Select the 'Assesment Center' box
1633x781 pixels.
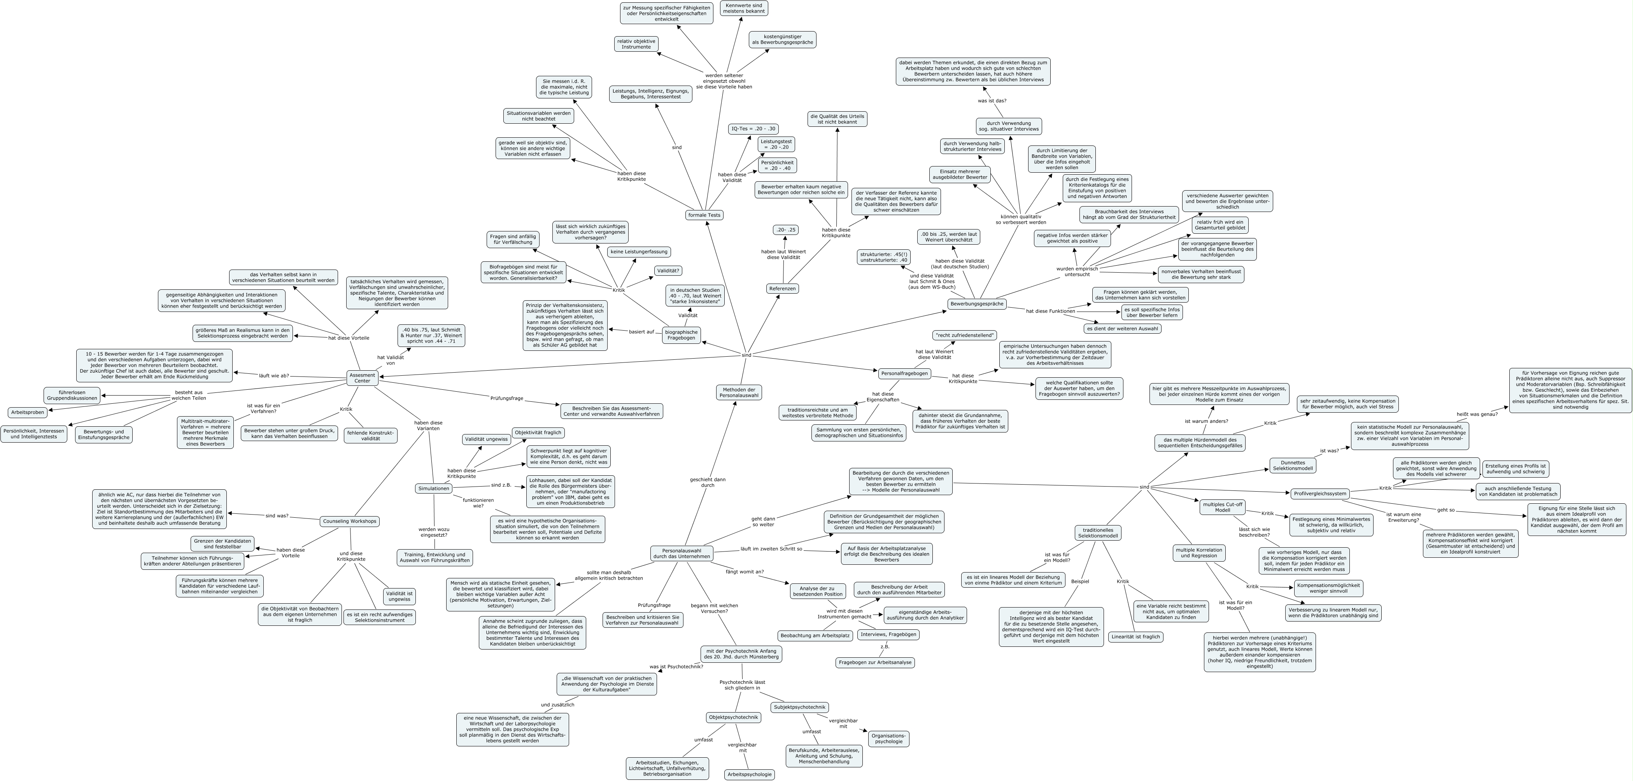click(362, 377)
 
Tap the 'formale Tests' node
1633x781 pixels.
click(704, 215)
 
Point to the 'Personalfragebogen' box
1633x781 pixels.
click(904, 373)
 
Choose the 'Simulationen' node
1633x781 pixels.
click(434, 488)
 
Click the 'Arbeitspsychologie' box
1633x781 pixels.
click(749, 774)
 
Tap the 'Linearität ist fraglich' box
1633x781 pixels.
click(1135, 636)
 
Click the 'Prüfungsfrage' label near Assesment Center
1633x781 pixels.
click(506, 398)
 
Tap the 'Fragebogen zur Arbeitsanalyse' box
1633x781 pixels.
click(875, 662)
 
